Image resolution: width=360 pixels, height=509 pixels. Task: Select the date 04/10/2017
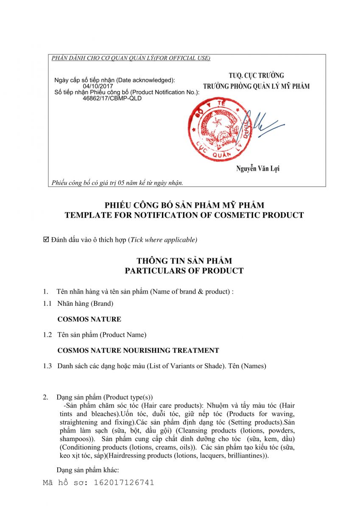pyautogui.click(x=95, y=86)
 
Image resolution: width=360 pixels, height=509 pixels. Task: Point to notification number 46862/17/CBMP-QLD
pyautogui.click(x=112, y=98)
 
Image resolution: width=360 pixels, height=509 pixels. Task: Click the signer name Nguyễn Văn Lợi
pyautogui.click(x=258, y=169)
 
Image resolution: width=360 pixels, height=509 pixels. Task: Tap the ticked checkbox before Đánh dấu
pyautogui.click(x=46, y=240)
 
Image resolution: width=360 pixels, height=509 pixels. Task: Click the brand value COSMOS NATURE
pyautogui.click(x=89, y=319)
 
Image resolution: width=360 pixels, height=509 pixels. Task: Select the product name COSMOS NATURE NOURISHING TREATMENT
pyautogui.click(x=138, y=350)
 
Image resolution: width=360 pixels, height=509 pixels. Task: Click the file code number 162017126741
pyautogui.click(x=124, y=482)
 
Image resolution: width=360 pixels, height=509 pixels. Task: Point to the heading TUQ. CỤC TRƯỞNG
pyautogui.click(x=256, y=76)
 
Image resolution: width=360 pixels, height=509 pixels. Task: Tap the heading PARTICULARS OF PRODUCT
pyautogui.click(x=184, y=271)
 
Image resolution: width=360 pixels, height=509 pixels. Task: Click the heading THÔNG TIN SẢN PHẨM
pyautogui.click(x=184, y=260)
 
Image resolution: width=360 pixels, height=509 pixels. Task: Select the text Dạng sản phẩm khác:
pyautogui.click(x=87, y=470)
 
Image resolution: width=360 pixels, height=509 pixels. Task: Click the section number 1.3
pyautogui.click(x=47, y=366)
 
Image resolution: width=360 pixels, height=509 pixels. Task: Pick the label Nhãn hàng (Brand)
pyautogui.click(x=85, y=303)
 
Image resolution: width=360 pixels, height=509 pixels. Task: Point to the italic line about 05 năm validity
pyautogui.click(x=117, y=183)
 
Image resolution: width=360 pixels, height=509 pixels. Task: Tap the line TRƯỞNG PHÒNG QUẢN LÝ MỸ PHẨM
pyautogui.click(x=256, y=87)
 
